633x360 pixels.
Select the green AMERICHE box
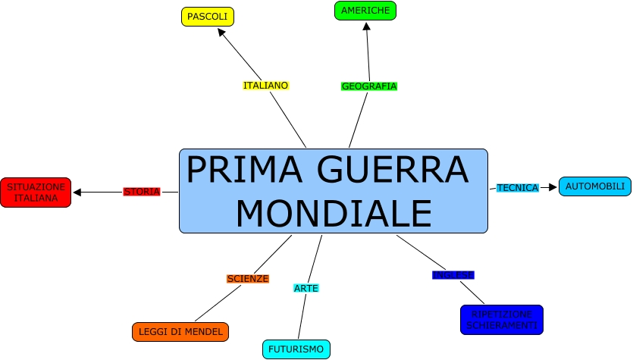tap(365, 11)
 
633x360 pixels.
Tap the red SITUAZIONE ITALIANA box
tap(36, 193)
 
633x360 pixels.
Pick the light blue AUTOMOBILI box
tap(595, 186)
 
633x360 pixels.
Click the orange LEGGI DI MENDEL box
tap(180, 331)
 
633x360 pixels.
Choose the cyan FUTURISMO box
tap(296, 349)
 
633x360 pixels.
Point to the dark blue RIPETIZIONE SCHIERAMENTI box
tap(502, 319)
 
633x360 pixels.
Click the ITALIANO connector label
tap(266, 86)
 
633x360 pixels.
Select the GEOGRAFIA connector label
tap(369, 86)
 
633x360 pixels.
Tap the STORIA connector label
tap(142, 192)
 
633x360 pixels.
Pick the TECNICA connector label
tap(518, 188)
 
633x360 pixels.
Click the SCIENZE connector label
tap(248, 279)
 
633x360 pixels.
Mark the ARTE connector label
tap(306, 288)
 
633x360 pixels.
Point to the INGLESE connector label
tap(453, 274)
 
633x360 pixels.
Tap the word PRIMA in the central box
tap(241, 170)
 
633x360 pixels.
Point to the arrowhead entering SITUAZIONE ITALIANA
tap(77, 192)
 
